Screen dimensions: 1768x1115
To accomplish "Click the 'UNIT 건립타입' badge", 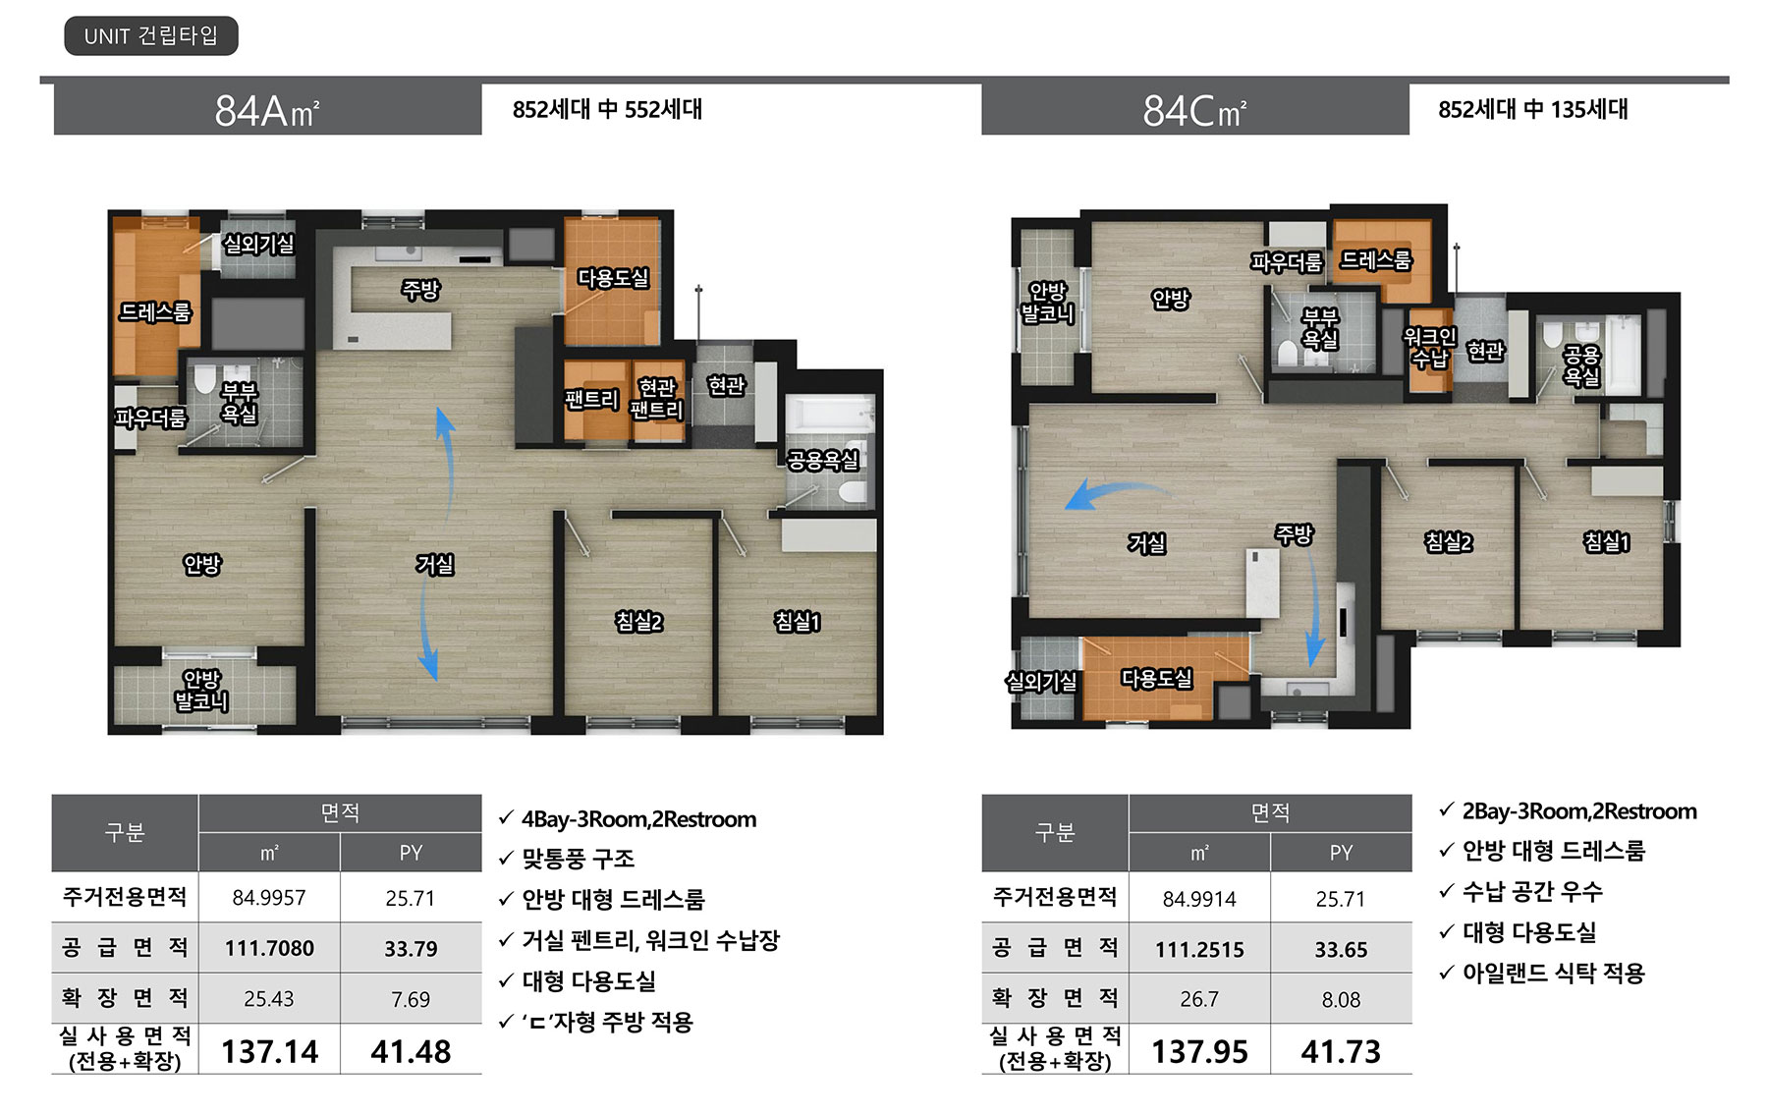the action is point(151,36).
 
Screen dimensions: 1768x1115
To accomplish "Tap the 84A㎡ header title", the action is point(267,111).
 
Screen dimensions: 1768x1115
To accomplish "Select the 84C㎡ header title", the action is point(1194,111).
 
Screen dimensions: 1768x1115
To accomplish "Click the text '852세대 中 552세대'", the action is point(607,109).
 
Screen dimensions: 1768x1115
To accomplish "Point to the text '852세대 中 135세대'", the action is point(1533,109).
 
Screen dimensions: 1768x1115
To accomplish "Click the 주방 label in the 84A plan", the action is point(420,290).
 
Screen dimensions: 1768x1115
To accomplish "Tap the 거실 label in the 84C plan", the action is point(1146,543).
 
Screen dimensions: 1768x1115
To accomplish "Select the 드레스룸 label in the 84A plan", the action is point(155,312).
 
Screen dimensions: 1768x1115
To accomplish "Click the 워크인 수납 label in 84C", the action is point(1430,348).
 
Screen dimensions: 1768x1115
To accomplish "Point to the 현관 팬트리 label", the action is point(657,398).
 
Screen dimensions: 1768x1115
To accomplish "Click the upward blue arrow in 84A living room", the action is point(447,462).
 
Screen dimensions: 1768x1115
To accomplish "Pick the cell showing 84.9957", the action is point(269,898).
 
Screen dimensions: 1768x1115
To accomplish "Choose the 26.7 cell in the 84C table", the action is point(1198,999).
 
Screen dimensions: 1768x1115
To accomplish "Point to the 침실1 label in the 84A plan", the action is point(797,621).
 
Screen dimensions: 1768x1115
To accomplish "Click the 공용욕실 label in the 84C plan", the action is point(1581,365).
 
